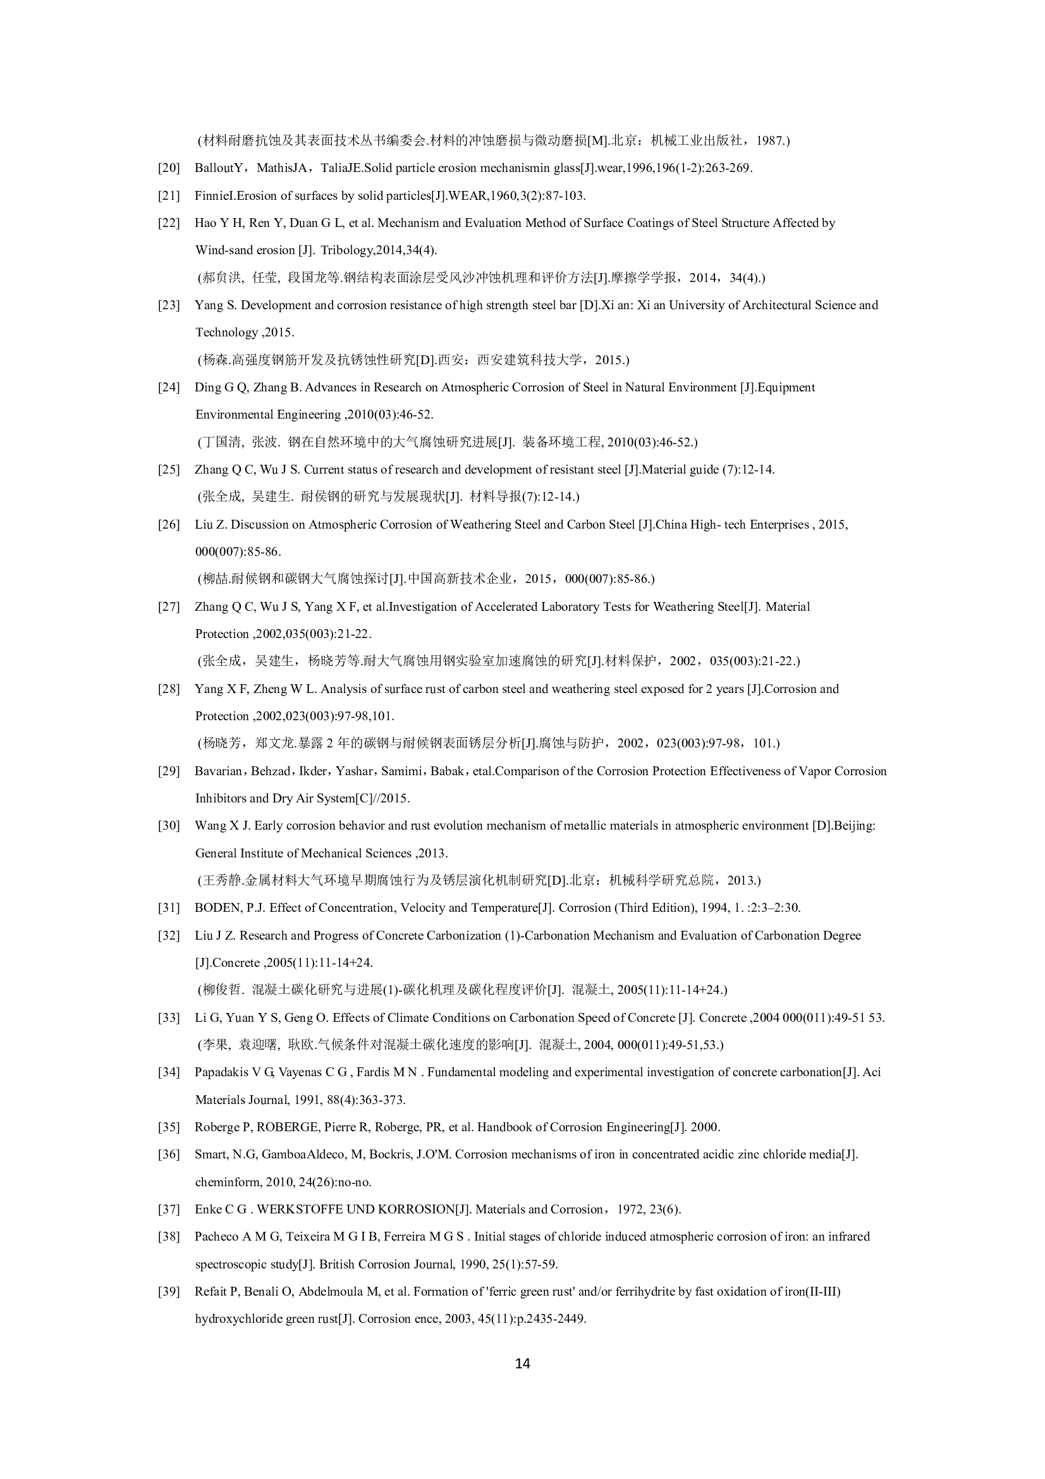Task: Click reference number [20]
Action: click(169, 168)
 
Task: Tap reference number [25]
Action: click(169, 470)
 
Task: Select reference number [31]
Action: click(169, 908)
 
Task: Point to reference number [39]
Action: click(169, 1292)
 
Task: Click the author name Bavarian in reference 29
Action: click(218, 771)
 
